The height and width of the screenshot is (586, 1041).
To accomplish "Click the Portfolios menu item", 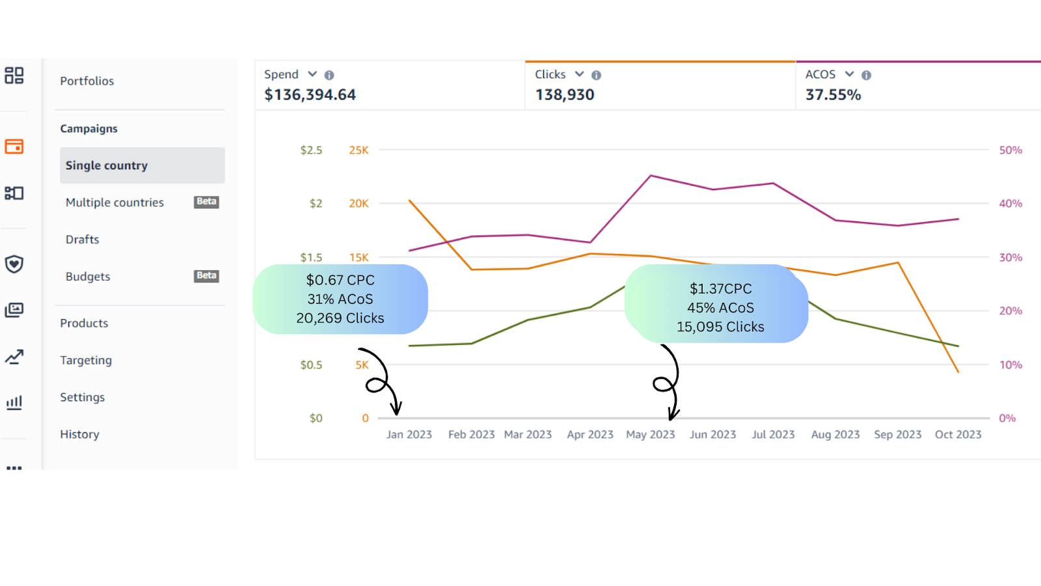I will [87, 81].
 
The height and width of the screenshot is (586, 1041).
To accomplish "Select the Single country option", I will [107, 165].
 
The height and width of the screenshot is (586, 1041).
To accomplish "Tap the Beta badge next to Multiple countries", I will [206, 202].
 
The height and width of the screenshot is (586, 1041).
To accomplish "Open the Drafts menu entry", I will [83, 240].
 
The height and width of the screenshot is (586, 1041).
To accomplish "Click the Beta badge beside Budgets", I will [206, 276].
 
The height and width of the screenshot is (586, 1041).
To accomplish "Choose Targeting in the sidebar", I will [86, 360].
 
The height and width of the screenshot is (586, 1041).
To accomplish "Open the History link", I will [79, 434].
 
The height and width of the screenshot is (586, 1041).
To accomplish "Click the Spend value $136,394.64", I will [310, 95].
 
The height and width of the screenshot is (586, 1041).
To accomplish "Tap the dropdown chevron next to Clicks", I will [579, 74].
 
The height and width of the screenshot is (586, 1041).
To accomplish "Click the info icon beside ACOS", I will [866, 76].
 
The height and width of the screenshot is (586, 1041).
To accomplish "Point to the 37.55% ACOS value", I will [833, 95].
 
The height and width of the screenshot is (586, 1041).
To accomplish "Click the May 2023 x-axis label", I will [651, 434].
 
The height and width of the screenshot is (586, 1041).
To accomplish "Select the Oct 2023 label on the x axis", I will [958, 434].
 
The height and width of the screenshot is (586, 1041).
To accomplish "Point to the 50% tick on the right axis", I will [1010, 150].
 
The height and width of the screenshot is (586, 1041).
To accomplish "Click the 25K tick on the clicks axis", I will [358, 150].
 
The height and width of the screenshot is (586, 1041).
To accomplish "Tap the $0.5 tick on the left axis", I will [311, 365].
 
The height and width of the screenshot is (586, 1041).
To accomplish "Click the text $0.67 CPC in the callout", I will [340, 280].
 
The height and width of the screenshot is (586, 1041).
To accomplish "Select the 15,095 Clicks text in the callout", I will [720, 327].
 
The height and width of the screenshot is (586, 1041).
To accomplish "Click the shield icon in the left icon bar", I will [14, 264].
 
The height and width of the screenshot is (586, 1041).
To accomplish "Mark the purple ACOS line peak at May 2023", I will [651, 176].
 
